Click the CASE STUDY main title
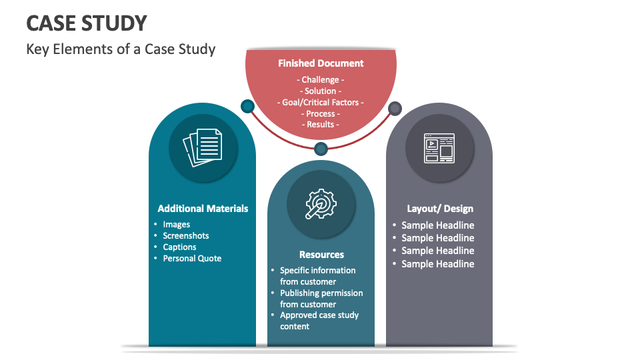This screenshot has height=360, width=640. [87, 23]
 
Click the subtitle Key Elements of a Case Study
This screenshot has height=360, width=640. [121, 49]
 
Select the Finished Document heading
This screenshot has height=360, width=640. [321, 63]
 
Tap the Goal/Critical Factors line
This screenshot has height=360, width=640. [321, 103]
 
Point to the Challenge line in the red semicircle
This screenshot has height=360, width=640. [321, 80]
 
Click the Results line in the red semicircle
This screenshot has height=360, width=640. [321, 125]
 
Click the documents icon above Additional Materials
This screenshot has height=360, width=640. [202, 147]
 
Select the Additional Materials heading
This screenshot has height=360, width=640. [203, 209]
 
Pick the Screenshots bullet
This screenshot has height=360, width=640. [186, 236]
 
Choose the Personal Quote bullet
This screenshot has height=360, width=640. [192, 259]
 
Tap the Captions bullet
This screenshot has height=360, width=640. [180, 247]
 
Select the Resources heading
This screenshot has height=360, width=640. [321, 255]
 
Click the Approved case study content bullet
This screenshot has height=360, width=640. [319, 321]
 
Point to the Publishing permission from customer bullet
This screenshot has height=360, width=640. [321, 299]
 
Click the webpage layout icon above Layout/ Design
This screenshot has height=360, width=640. [439, 148]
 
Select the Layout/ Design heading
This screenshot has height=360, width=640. [440, 209]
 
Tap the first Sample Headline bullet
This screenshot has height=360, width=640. [437, 225]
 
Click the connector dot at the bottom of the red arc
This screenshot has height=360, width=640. [321, 149]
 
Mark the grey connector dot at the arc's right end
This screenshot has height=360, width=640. [395, 108]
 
